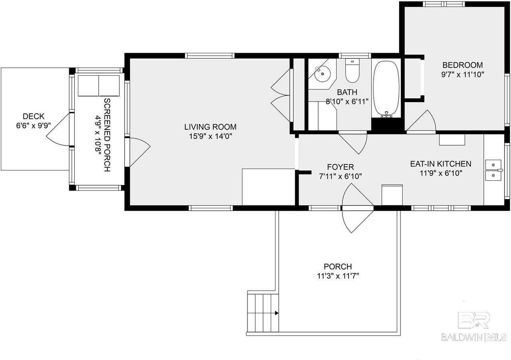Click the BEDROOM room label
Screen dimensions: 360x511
463,65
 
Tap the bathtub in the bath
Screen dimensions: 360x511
386,88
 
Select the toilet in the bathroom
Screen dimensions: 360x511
353,72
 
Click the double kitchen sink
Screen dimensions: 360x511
493,170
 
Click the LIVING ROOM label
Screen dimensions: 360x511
210,127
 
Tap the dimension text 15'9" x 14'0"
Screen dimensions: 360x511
210,136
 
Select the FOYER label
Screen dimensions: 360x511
340,167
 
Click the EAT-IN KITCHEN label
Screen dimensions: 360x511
441,164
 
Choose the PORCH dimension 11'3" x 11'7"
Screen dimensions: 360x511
338,275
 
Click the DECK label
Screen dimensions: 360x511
34,116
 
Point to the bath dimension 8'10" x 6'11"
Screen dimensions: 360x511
347,101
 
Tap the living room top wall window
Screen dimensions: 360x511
210,55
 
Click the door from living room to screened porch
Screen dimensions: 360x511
139,152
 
